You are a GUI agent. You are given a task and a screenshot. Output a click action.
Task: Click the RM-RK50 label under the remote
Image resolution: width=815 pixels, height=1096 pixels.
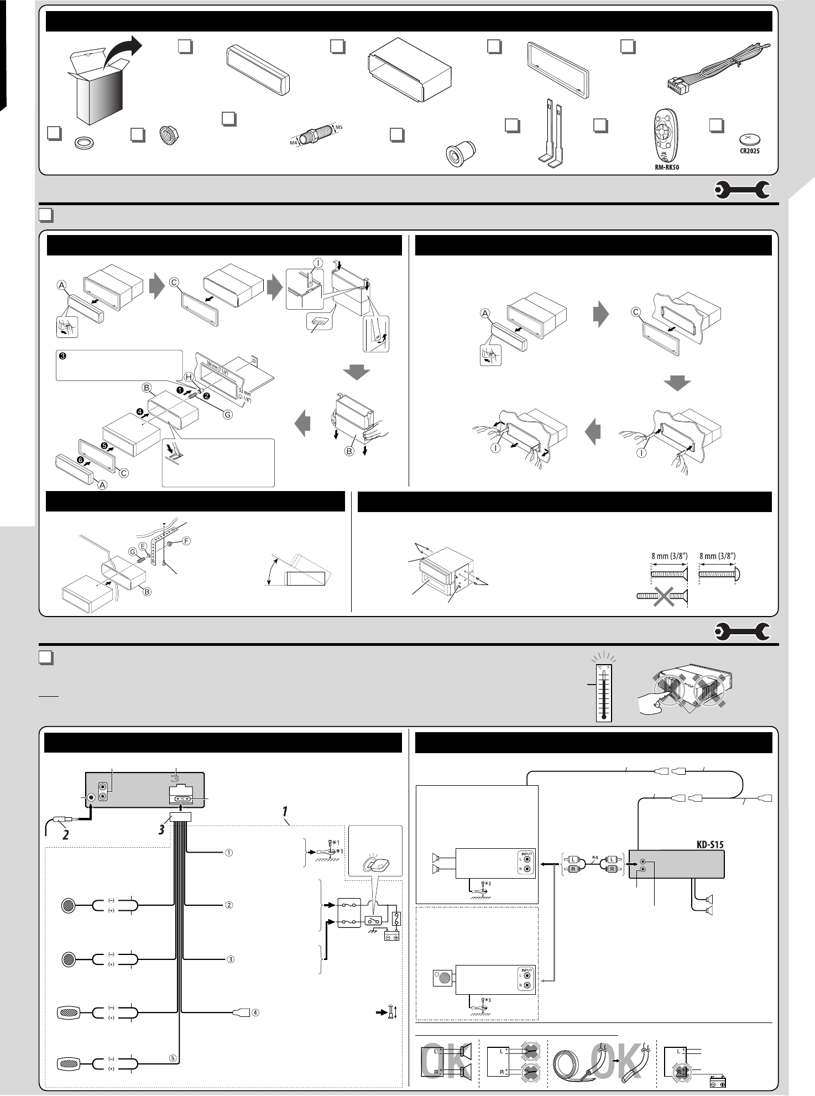click(x=664, y=167)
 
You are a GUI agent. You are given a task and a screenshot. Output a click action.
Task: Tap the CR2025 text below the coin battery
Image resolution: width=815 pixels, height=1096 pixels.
click(x=750, y=151)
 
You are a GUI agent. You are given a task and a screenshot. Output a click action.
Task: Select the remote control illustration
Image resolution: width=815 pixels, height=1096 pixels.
click(x=664, y=135)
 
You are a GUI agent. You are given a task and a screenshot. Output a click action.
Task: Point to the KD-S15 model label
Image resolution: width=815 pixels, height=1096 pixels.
click(x=709, y=844)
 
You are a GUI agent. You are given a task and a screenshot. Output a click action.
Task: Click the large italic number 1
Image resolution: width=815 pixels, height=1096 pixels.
click(x=285, y=811)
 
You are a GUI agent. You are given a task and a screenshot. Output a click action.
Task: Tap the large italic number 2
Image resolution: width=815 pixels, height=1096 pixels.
click(x=65, y=834)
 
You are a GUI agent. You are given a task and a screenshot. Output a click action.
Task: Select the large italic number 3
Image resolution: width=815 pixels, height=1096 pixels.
click(x=161, y=829)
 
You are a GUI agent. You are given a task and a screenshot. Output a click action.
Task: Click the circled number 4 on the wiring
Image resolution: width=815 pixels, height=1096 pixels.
click(x=255, y=1013)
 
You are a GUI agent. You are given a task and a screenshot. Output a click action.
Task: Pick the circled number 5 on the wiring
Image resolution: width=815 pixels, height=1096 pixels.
click(x=173, y=1058)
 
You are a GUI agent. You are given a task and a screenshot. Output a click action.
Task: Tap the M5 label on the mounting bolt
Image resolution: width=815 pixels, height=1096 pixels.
click(x=339, y=127)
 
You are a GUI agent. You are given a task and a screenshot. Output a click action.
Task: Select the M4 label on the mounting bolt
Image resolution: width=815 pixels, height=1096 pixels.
click(x=294, y=143)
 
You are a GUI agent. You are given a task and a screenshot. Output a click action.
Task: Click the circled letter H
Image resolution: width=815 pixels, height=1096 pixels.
click(x=189, y=377)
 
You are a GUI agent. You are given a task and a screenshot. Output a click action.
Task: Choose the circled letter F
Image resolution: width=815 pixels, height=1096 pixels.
click(x=186, y=541)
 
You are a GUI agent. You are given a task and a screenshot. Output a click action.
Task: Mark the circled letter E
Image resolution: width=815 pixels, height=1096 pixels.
click(x=143, y=545)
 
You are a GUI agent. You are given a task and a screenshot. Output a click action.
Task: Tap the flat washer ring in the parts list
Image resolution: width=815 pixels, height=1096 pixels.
click(x=83, y=144)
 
